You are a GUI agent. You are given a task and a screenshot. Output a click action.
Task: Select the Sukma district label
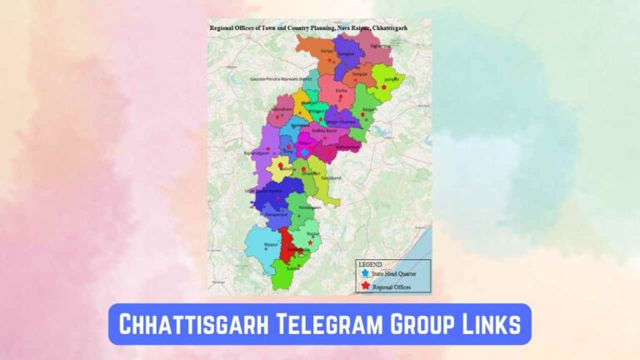pyautogui.click(x=293, y=268)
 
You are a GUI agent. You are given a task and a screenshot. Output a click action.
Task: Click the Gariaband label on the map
pyautogui.click(x=331, y=177)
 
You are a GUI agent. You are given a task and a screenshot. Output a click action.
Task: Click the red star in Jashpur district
pyautogui.click(x=383, y=87)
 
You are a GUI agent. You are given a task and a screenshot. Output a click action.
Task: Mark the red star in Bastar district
pyautogui.click(x=311, y=242)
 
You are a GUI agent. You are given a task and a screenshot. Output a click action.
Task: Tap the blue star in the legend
pyautogui.click(x=365, y=273)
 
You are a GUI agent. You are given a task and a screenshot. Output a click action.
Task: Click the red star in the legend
pyautogui.click(x=365, y=286)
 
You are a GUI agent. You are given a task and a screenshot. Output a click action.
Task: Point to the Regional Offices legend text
pyautogui.click(x=392, y=287)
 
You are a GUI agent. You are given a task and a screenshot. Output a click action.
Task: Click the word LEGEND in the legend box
pyautogui.click(x=370, y=264)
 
